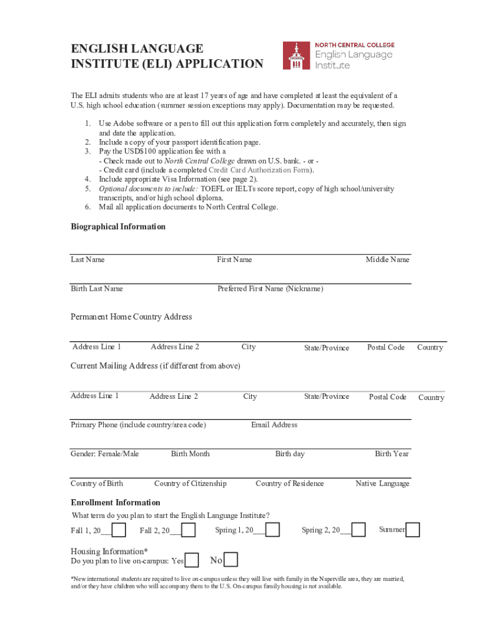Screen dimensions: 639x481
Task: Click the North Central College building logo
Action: [295, 56]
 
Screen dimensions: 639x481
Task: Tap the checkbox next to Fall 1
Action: [119, 530]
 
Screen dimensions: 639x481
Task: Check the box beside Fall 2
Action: [188, 530]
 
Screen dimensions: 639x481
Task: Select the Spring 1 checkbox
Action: [272, 530]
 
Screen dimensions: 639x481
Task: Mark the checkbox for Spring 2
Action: [358, 530]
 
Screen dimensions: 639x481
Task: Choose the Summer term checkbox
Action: [413, 530]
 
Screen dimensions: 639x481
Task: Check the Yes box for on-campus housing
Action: [192, 560]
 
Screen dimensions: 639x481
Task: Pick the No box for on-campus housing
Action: [231, 560]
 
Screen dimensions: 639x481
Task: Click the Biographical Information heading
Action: [118, 227]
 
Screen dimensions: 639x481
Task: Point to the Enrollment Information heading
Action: [116, 502]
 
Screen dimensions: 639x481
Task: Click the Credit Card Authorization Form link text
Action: [260, 170]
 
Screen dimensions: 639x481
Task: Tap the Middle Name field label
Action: [387, 260]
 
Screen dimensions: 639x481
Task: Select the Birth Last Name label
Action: [97, 288]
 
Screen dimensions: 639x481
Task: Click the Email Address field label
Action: [274, 425]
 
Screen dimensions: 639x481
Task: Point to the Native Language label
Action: [382, 484]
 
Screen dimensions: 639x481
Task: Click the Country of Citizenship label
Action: [191, 484]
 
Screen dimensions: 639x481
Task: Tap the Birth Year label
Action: [392, 454]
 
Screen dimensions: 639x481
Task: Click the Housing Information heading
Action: [109, 551]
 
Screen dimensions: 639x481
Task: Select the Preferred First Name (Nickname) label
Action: [270, 288]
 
